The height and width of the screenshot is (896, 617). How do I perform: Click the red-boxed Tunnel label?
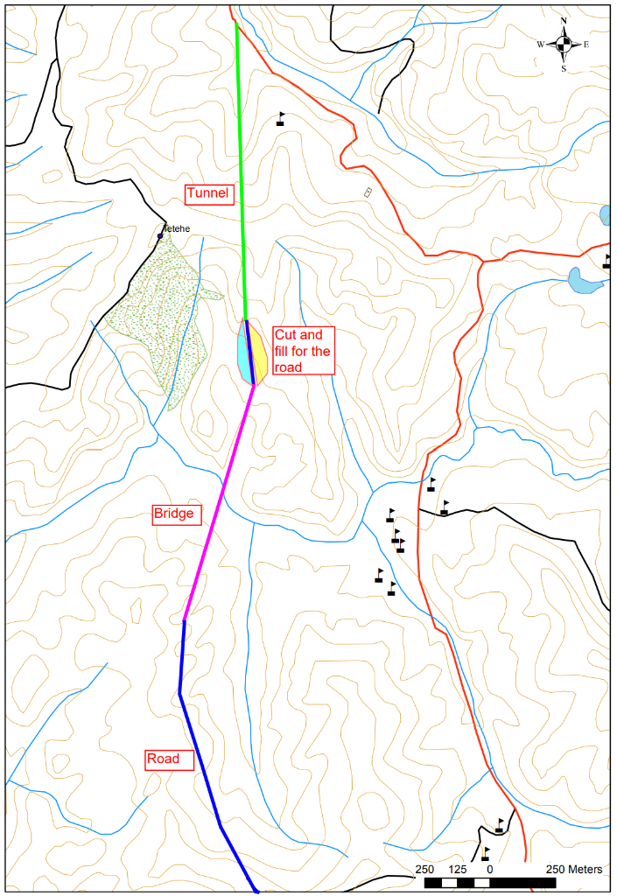point(207,193)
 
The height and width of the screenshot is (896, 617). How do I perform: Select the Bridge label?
point(172,513)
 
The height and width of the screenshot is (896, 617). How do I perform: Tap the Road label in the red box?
point(163,759)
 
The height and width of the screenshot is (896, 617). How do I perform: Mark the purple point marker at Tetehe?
point(160,236)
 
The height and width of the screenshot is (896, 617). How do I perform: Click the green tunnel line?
point(241,175)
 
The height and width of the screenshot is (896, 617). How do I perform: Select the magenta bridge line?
point(219,503)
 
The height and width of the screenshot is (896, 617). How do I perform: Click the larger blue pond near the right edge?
point(585,280)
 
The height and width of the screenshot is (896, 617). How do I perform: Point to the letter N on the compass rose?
point(564,20)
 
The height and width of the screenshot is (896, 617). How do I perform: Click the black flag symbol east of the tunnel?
point(281,118)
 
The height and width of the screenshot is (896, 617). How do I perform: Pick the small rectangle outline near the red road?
point(368,192)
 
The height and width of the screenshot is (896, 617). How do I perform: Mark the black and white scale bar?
point(490,883)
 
